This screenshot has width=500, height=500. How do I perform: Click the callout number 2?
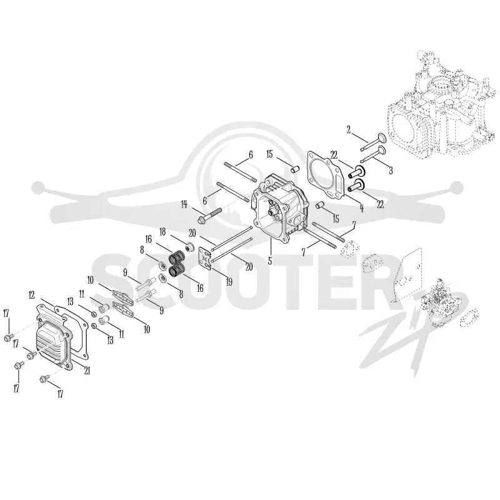(349, 130)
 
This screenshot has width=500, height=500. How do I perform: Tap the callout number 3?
(391, 170)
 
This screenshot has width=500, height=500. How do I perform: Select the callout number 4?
(362, 208)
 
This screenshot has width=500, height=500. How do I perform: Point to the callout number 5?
(270, 261)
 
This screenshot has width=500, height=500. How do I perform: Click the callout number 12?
(31, 295)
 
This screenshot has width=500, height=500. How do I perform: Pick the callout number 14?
(184, 204)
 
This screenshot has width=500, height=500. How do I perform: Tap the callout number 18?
(162, 232)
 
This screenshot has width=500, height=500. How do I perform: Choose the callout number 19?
(229, 282)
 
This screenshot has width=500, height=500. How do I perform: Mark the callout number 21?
(87, 370)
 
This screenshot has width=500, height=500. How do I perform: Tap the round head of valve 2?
(382, 138)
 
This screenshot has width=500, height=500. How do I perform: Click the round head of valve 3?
(382, 151)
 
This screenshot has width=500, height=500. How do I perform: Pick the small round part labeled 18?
(191, 247)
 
